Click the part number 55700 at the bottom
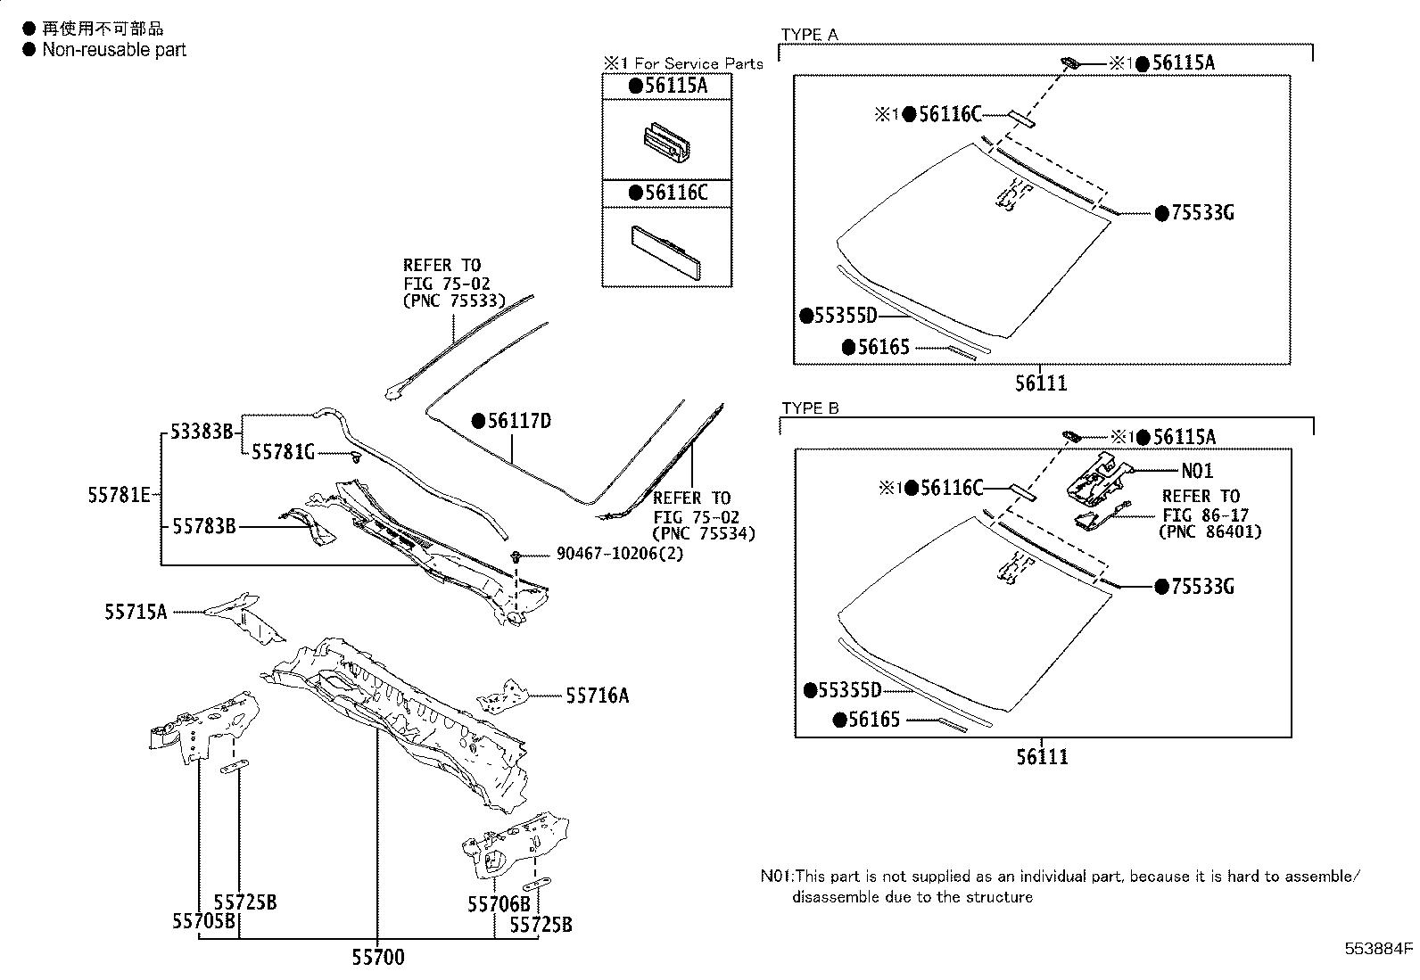[377, 957]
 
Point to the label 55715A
[136, 612]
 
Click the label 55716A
[597, 696]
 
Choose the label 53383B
[201, 432]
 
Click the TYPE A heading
[809, 35]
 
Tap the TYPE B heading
[810, 408]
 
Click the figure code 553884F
[1379, 948]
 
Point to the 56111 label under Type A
[1041, 383]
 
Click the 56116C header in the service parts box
[667, 193]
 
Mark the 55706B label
[499, 904]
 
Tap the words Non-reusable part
[114, 50]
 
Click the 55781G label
[283, 453]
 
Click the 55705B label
[203, 921]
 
